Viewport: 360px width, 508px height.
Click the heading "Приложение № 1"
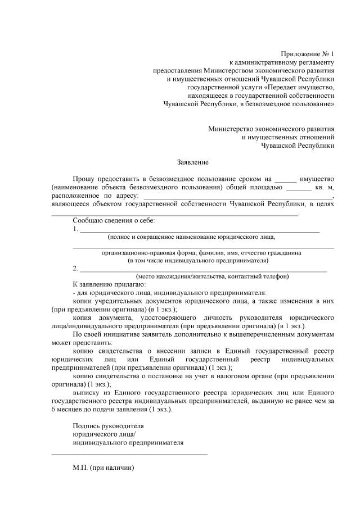[308, 53]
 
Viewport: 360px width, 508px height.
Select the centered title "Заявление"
[193, 162]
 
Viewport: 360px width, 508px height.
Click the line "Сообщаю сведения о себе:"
[114, 220]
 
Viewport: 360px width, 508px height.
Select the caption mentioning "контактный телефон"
[212, 276]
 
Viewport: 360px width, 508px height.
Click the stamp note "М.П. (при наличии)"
[105, 467]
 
